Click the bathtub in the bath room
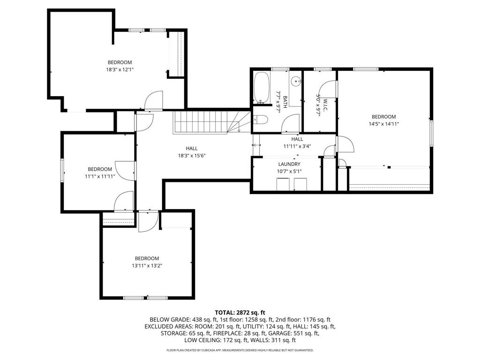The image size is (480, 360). tap(261, 88)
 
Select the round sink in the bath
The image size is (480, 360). tap(296, 82)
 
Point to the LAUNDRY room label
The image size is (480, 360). tap(289, 164)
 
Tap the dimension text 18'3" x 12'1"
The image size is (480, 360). tap(120, 69)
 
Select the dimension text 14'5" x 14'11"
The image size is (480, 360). tap(383, 124)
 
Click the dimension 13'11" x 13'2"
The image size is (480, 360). tap(147, 265)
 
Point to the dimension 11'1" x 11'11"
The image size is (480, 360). tap(100, 176)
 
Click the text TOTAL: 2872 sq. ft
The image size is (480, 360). tap(240, 312)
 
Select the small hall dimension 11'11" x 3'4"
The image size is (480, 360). tap(297, 146)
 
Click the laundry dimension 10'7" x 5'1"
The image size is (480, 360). tap(289, 171)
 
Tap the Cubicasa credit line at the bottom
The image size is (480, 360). tap(240, 350)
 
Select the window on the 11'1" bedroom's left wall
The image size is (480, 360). tap(62, 170)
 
